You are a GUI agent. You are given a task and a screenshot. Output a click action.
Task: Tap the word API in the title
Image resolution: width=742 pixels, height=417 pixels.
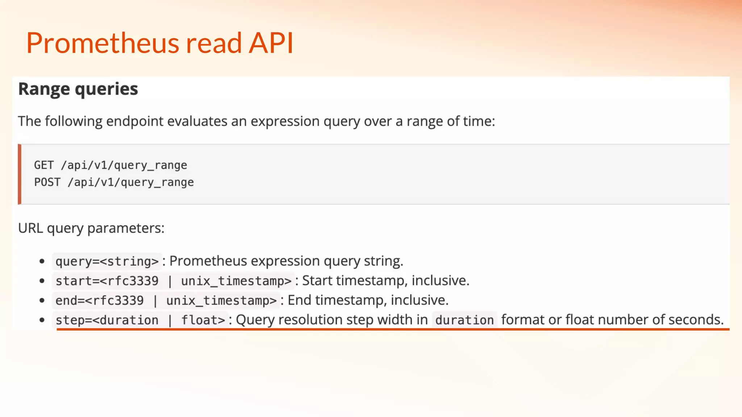[x=271, y=43]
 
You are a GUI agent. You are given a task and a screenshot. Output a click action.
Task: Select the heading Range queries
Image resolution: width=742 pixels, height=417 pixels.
[x=78, y=89]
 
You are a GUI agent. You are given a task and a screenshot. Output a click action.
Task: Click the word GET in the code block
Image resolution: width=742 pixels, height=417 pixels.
[x=44, y=165]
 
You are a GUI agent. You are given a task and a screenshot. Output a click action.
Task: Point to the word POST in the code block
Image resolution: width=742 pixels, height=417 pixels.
[x=47, y=182]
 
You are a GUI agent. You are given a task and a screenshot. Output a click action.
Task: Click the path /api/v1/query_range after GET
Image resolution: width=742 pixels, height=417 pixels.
[x=124, y=165]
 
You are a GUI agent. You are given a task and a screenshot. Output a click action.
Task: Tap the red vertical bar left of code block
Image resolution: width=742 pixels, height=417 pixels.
[x=20, y=174]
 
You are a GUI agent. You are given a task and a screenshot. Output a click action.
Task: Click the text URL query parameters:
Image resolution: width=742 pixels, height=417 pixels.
[x=91, y=228]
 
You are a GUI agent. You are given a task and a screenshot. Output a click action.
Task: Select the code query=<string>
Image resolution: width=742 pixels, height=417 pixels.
[x=107, y=261]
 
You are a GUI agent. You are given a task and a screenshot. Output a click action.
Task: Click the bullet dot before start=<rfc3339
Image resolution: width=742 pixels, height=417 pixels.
[x=42, y=281]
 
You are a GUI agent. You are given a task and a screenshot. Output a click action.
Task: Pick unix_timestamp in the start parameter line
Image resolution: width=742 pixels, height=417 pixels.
[x=236, y=281]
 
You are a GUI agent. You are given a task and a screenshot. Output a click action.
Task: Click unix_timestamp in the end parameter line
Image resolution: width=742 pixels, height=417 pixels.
[x=221, y=300]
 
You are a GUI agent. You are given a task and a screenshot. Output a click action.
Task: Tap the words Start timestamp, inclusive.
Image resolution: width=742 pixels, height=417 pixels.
[x=385, y=281]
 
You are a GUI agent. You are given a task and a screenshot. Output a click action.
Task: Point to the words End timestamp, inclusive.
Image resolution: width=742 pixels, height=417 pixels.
[x=368, y=300]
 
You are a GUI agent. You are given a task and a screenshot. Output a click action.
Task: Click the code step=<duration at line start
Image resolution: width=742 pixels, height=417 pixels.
[x=107, y=320]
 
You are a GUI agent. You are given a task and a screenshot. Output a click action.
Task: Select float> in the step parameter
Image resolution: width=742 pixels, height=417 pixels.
[x=203, y=320]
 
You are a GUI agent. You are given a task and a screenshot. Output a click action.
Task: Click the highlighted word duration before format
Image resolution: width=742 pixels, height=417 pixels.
[x=464, y=320]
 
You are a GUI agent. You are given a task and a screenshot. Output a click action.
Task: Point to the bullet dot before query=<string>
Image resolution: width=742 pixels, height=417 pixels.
[x=42, y=261]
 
